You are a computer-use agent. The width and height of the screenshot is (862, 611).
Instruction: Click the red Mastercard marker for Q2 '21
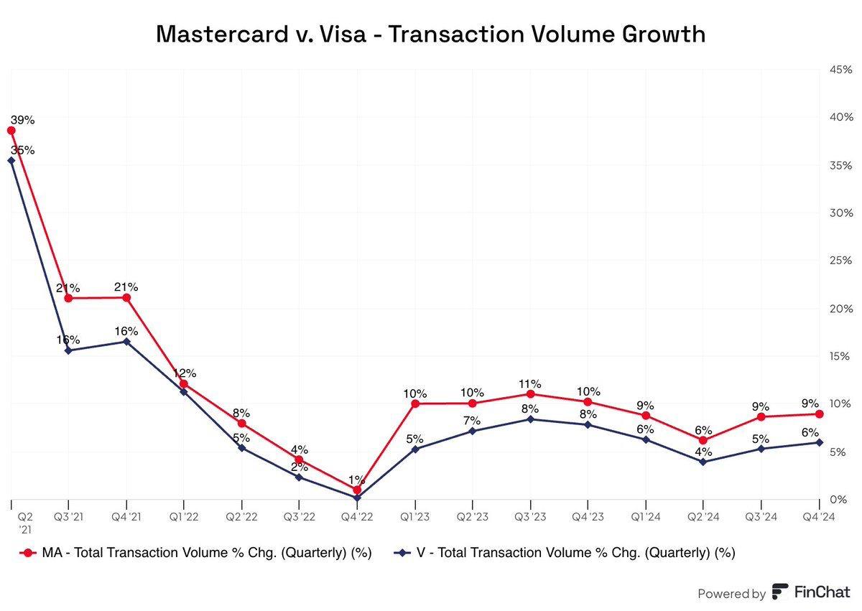point(11,130)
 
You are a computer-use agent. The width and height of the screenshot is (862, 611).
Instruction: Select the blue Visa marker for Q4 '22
point(357,497)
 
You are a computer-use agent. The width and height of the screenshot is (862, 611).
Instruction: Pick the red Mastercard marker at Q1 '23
point(415,404)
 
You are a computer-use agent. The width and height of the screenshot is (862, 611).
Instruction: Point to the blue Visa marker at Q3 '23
point(530,419)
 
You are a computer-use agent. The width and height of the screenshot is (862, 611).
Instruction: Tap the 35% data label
point(23,150)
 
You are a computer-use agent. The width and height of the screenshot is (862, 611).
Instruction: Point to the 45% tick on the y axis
point(840,70)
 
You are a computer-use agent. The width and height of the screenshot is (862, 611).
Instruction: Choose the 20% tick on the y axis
point(840,309)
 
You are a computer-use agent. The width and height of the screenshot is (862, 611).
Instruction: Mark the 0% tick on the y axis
point(843,500)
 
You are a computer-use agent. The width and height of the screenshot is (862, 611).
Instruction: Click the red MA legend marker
point(29,553)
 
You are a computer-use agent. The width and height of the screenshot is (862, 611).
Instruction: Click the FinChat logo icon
point(780,592)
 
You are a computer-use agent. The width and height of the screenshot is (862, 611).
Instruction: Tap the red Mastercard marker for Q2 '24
point(703,440)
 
